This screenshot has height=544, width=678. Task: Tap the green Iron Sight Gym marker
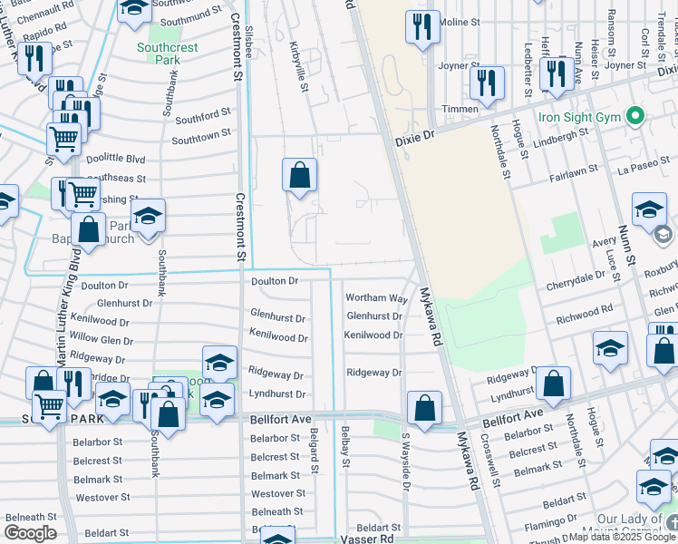pyautogui.click(x=634, y=117)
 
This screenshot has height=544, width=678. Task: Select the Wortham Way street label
pyautogui.click(x=376, y=298)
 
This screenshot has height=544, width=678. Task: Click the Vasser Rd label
pyautogui.click(x=374, y=539)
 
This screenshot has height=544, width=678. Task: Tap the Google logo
pyautogui.click(x=30, y=533)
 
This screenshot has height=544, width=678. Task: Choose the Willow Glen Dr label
pyautogui.click(x=102, y=340)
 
